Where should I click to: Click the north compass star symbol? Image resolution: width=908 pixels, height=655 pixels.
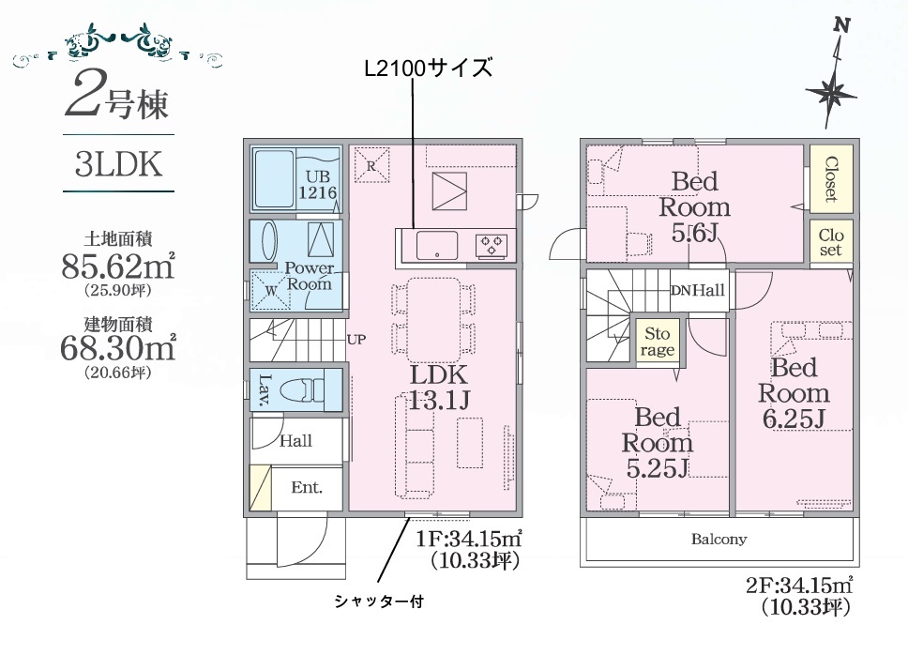831,92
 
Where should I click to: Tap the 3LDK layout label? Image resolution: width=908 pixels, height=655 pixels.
118,164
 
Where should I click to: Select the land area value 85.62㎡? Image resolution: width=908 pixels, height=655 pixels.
118,266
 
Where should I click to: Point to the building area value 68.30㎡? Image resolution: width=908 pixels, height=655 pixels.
118,347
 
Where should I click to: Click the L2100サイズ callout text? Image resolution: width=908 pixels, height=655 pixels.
428,69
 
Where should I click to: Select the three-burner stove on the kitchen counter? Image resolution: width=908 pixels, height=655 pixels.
492,245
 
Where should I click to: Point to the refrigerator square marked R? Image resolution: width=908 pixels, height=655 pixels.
371,165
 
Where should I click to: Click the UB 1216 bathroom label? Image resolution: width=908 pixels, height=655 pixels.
317,184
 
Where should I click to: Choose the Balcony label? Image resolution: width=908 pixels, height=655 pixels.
719,540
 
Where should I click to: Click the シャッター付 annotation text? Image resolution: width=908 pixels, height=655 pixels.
379,602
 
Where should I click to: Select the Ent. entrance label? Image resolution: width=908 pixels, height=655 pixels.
307,487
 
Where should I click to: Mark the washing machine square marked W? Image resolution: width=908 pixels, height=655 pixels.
270,290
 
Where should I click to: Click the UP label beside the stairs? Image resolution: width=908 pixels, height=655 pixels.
356,340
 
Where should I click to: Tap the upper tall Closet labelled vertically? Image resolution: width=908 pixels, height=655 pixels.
831,179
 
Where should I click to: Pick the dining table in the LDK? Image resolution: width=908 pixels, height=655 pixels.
433,320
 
